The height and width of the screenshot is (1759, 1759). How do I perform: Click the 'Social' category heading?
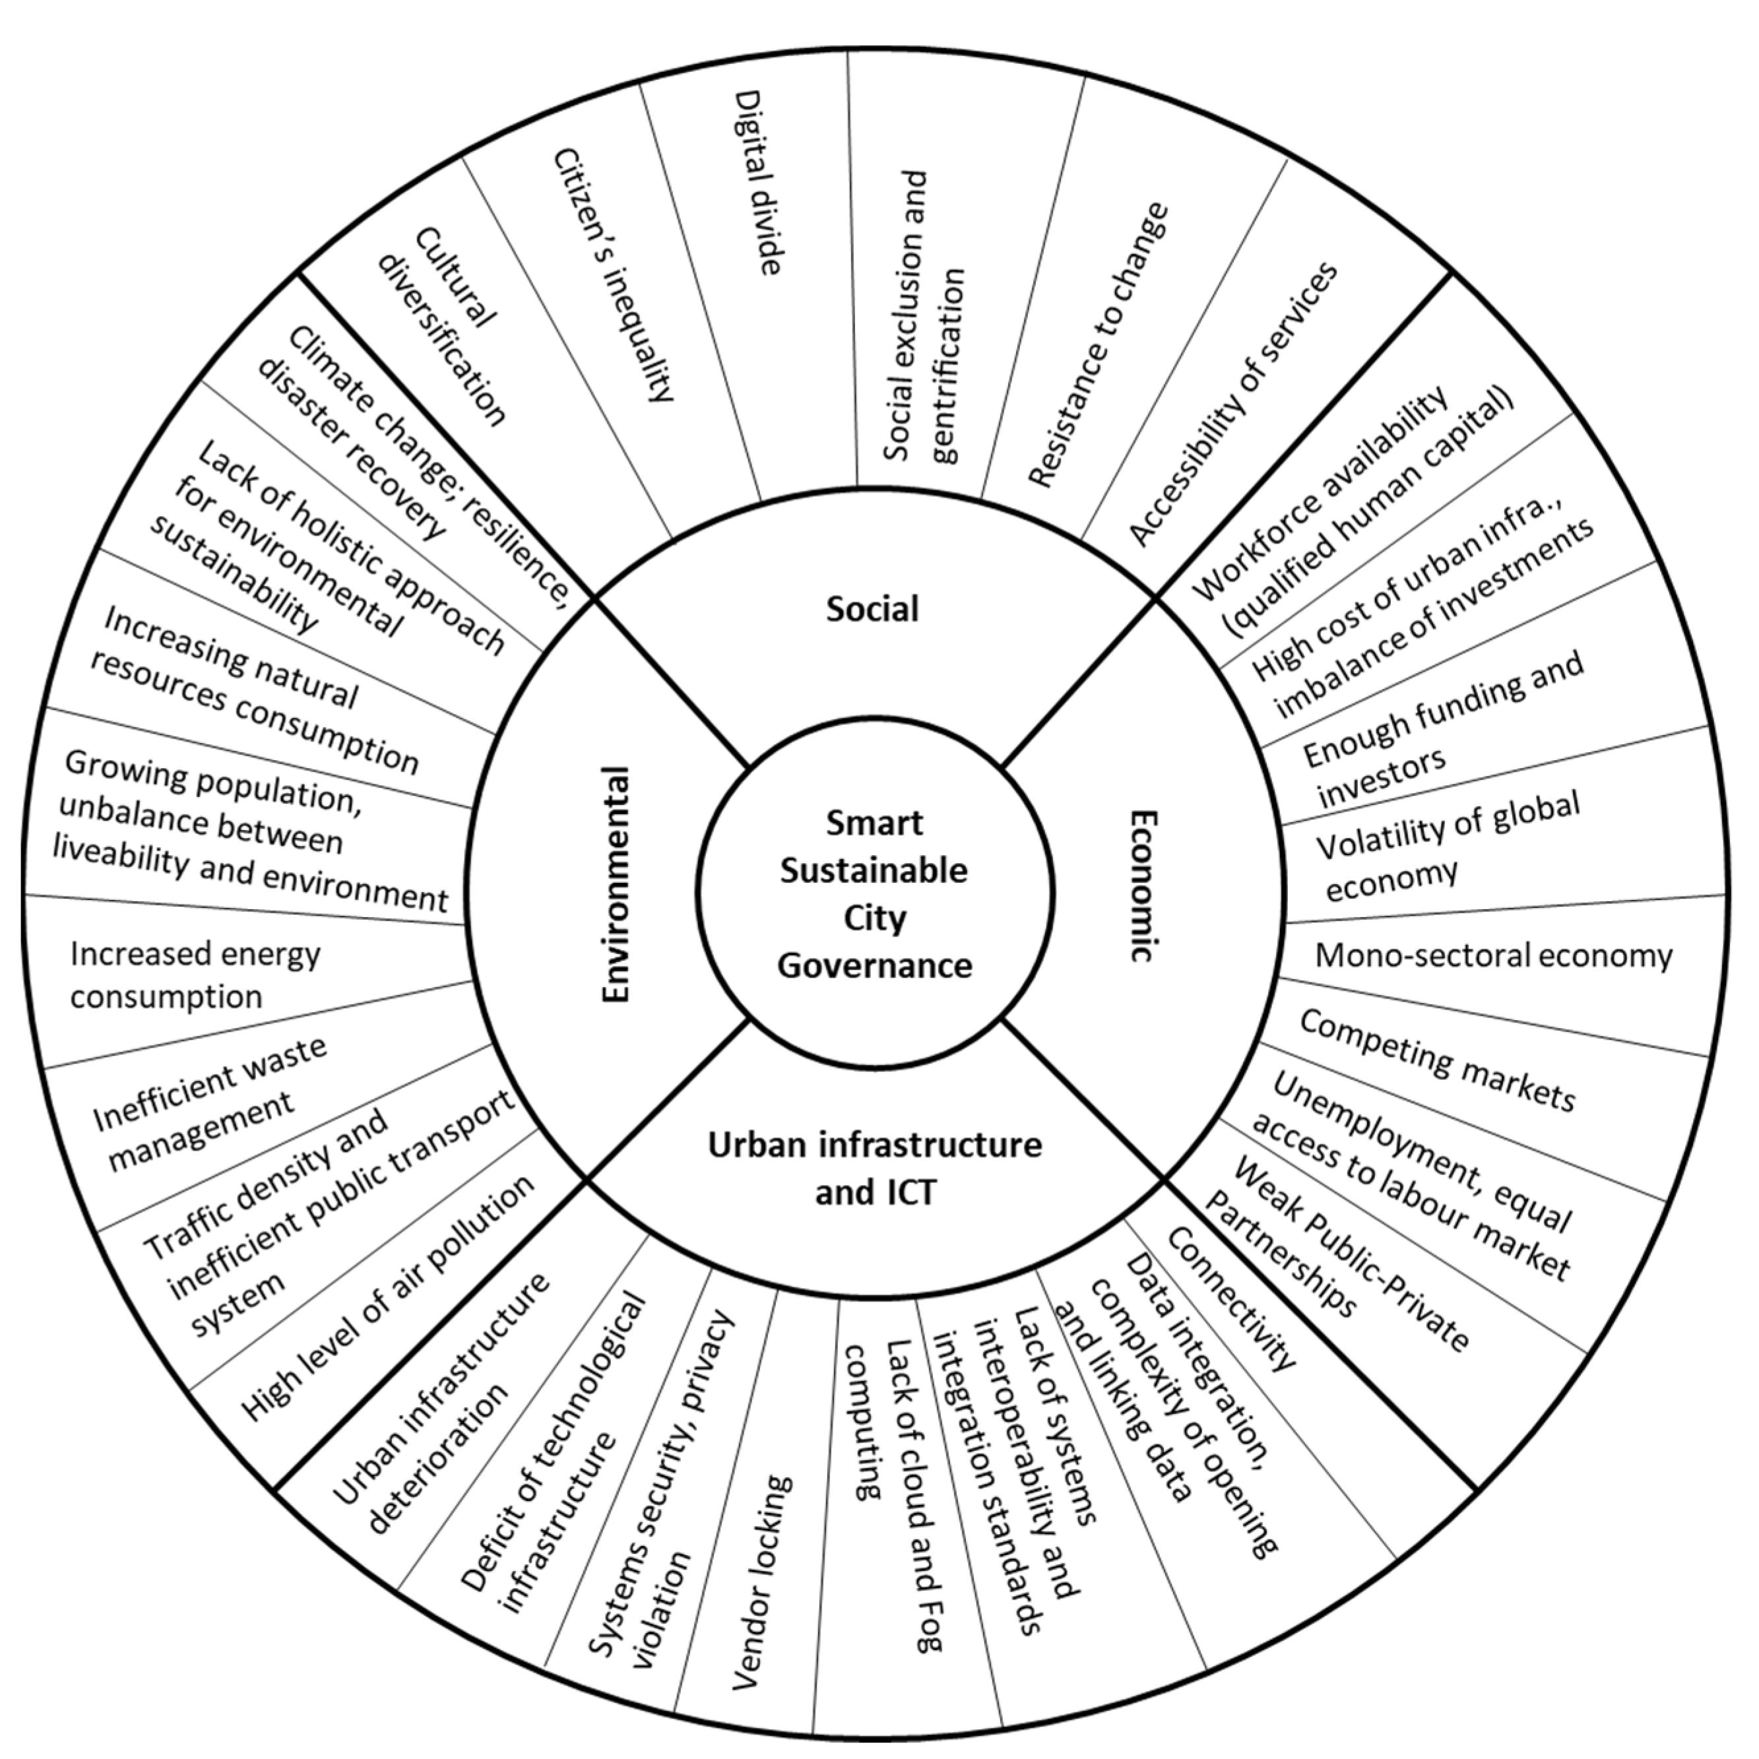(x=872, y=608)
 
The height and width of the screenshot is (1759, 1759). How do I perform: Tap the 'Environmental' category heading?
(x=616, y=885)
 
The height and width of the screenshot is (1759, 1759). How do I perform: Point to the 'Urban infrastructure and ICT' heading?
(x=874, y=1168)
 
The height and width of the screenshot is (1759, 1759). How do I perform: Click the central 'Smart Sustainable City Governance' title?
(x=874, y=893)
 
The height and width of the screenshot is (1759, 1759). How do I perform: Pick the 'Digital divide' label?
(x=757, y=182)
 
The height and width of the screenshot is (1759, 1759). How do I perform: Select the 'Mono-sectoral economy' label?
(x=1493, y=956)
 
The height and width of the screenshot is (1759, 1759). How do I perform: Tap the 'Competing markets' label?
(x=1437, y=1061)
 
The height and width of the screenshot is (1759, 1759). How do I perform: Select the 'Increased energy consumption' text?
(x=195, y=975)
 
